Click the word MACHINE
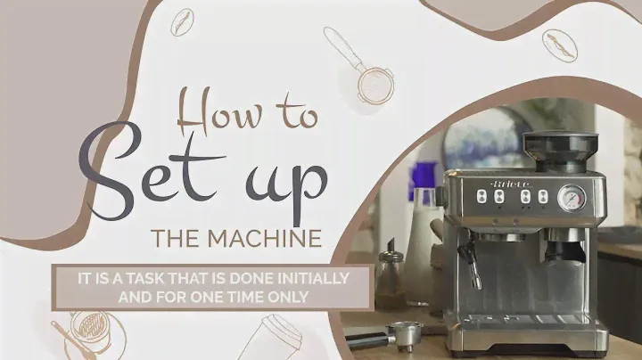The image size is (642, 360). tap(265, 238)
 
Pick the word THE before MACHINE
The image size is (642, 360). tap(176, 238)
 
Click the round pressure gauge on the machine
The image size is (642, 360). tap(572, 198)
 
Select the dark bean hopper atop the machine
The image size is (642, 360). tap(560, 151)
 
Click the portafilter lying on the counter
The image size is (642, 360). tap(386, 335)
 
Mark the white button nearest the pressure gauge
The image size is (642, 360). tap(543, 196)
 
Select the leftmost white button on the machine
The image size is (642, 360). tap(481, 197)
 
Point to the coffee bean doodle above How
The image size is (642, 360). tap(182, 22)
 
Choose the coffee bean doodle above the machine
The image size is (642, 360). tap(560, 45)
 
